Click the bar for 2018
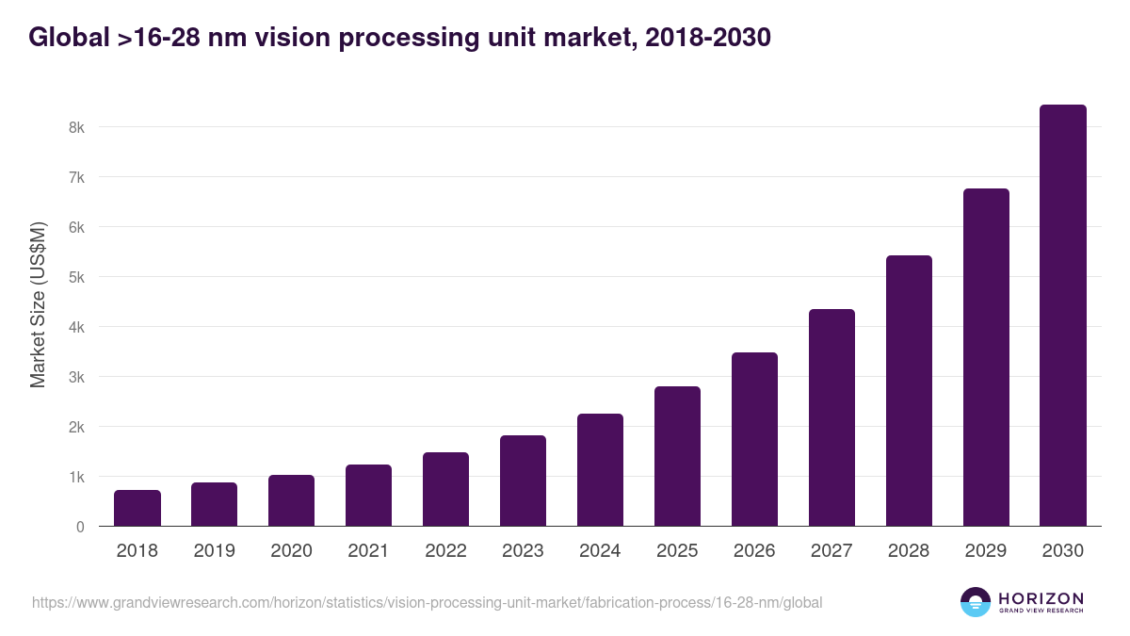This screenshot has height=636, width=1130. click(x=137, y=508)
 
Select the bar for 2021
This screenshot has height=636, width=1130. click(x=368, y=495)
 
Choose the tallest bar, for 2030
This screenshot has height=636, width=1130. click(x=1062, y=316)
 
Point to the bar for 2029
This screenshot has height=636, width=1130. click(x=986, y=357)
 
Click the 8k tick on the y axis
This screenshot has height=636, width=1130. click(x=76, y=127)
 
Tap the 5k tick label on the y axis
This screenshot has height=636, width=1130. click(x=76, y=277)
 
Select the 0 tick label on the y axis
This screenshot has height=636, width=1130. click(x=80, y=527)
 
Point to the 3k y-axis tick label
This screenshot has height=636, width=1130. click(x=76, y=377)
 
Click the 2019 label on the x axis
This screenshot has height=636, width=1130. click(x=215, y=551)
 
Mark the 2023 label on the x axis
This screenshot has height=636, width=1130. click(x=523, y=551)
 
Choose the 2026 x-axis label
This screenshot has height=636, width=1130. click(x=754, y=551)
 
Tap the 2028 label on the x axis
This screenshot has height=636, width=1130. click(x=909, y=551)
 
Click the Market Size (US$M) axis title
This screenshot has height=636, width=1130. click(x=39, y=305)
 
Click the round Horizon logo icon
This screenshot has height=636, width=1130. click(x=976, y=602)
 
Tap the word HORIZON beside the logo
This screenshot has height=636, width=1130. click(x=1041, y=598)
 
